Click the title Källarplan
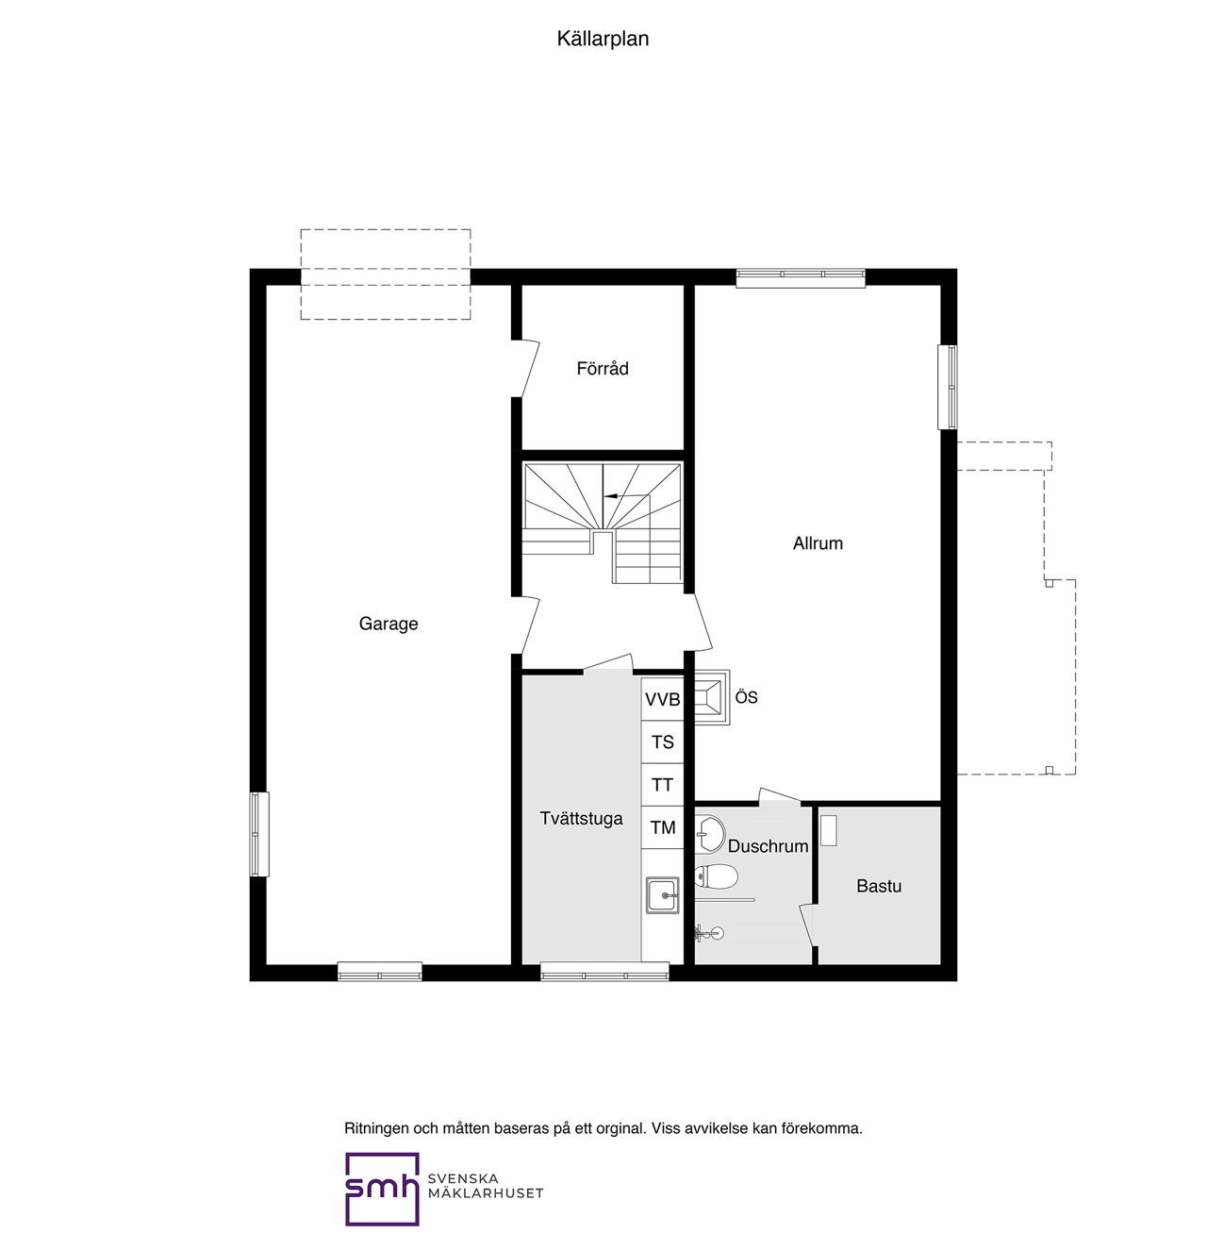603,39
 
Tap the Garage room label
388,624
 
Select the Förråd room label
603,369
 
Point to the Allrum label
818,543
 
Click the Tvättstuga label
581,819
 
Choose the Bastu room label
879,886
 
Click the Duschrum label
768,846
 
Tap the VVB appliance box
662,700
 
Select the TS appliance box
662,742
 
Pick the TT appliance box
662,785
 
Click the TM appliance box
662,827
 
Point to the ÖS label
746,697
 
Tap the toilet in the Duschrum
716,876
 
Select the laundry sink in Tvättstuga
662,895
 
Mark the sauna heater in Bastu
828,830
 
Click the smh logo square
382,1189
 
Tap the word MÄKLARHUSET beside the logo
486,1193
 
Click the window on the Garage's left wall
258,834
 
